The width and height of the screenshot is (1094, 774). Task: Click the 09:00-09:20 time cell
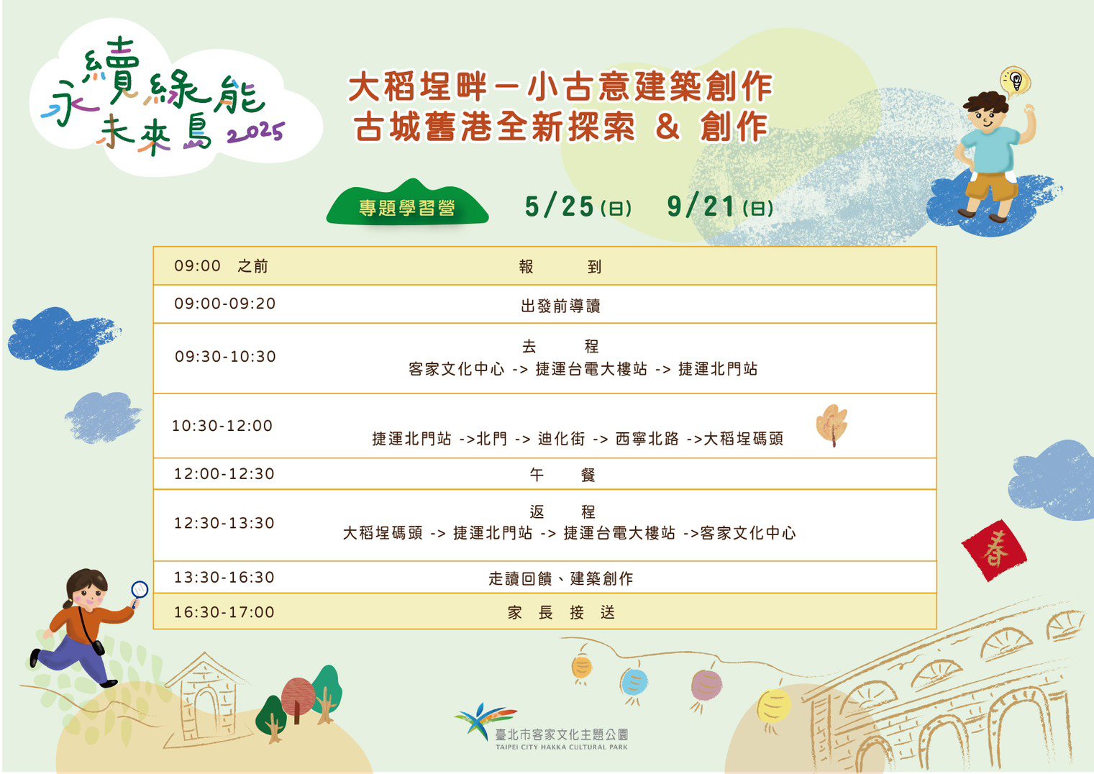point(224,304)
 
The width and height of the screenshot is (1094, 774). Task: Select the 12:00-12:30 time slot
point(224,473)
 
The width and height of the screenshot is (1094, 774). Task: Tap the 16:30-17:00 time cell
point(224,612)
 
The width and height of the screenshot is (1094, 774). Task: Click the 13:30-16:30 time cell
point(224,577)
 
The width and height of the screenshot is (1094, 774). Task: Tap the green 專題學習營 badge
point(407,204)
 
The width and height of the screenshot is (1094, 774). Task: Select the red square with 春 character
point(994,550)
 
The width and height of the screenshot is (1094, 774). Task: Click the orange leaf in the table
point(832,424)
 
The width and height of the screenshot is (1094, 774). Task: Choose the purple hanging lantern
point(706,685)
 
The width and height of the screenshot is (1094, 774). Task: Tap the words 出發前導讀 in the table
point(560,306)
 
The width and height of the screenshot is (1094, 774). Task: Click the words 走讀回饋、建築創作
point(561,578)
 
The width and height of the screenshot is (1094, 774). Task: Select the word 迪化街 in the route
point(561,439)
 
